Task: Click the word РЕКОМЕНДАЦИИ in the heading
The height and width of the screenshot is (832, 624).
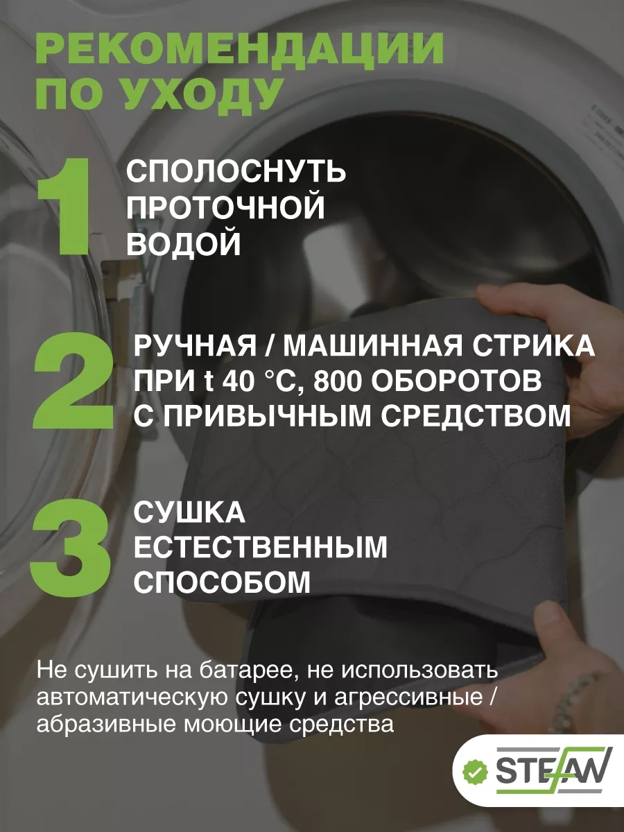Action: (x=240, y=49)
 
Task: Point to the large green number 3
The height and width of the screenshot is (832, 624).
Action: (x=71, y=548)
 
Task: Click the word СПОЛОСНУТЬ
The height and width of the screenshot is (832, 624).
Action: (x=236, y=172)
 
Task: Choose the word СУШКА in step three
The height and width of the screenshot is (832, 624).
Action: (x=189, y=513)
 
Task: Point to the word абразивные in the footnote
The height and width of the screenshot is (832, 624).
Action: (x=105, y=725)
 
